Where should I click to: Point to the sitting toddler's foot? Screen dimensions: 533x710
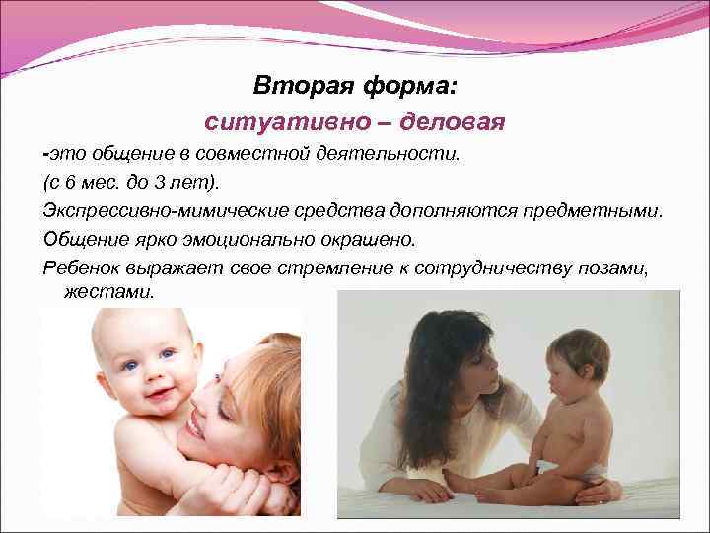(457, 480)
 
